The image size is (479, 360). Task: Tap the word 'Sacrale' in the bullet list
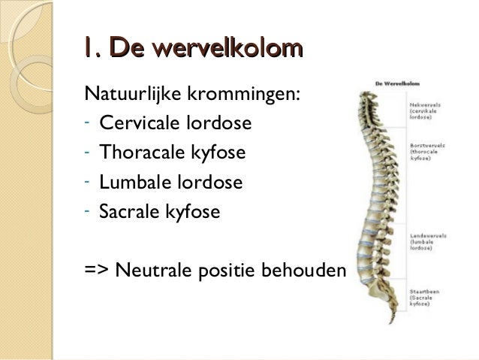(x=126, y=213)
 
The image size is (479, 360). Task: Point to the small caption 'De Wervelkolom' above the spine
(x=396, y=84)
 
